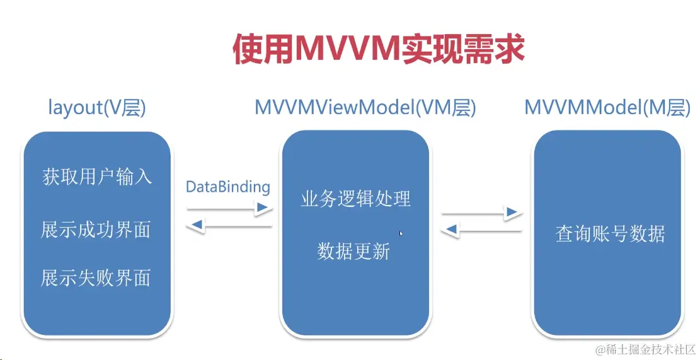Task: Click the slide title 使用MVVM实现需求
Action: (378, 49)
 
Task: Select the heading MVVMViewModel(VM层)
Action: (365, 108)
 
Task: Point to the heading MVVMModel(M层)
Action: (607, 108)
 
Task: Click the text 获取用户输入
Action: (97, 176)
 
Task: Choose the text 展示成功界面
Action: (96, 229)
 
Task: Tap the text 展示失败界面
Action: (96, 277)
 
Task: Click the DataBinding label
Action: (227, 187)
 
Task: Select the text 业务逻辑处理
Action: (355, 199)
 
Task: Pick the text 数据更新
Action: (354, 251)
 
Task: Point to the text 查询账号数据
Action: (610, 235)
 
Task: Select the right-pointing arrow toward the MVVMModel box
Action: (483, 214)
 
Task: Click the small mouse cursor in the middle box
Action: (401, 233)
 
